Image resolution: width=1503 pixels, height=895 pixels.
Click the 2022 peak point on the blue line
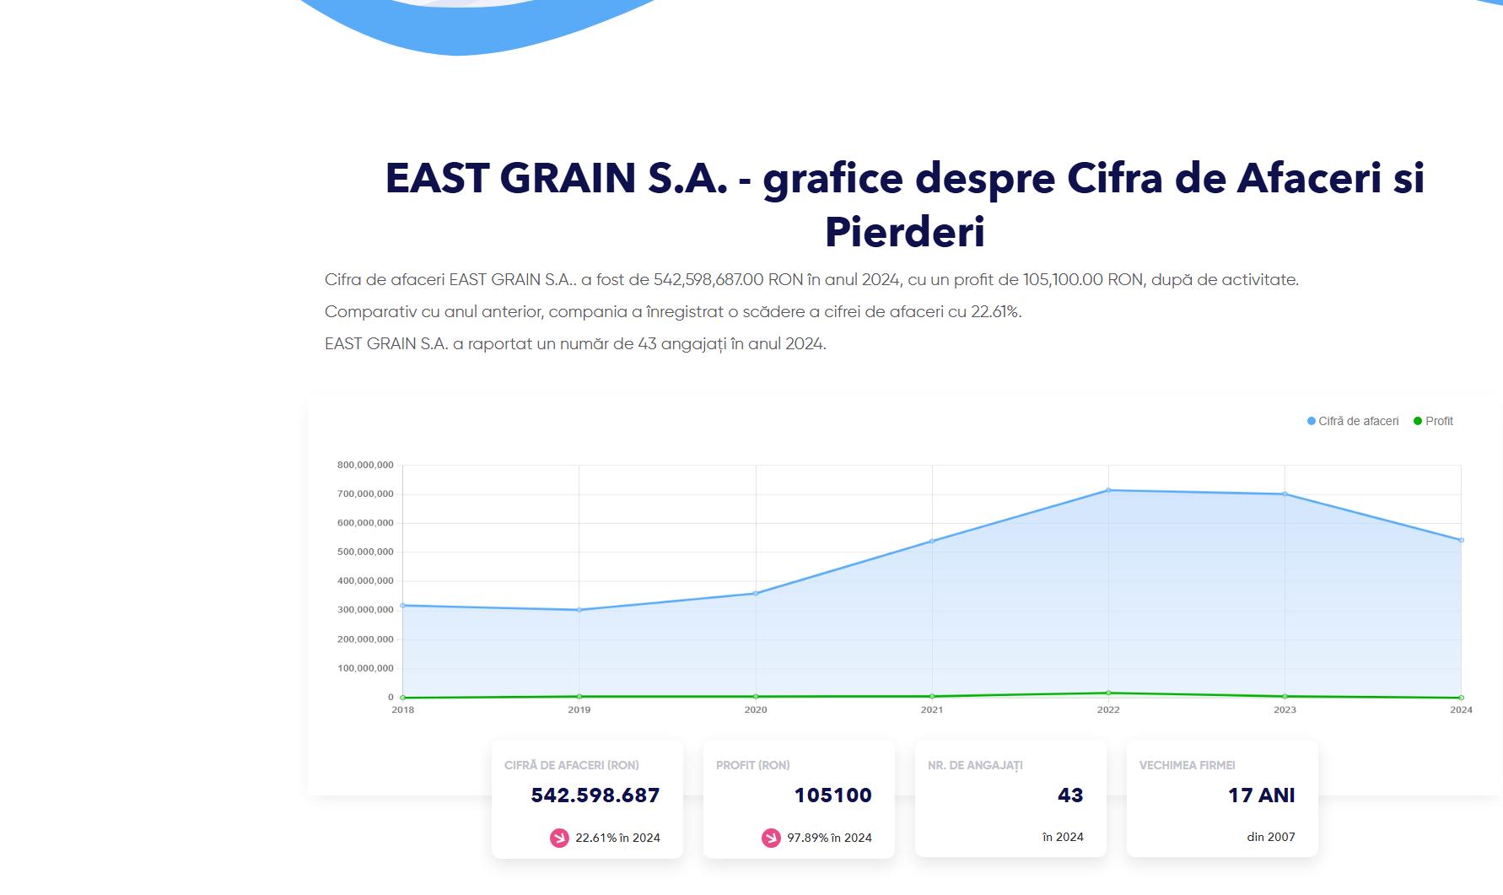coord(1108,490)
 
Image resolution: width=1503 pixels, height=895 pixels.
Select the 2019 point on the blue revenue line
coord(579,610)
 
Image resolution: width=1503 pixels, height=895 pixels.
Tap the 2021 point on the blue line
coord(932,541)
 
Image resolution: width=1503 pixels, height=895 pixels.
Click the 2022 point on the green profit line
coord(1108,693)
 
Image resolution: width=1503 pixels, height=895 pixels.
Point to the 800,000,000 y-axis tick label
coord(365,465)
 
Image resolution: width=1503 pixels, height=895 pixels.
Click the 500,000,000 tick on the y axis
coord(365,552)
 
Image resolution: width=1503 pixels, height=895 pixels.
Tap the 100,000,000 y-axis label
coord(365,668)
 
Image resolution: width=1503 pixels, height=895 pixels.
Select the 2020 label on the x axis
coord(756,709)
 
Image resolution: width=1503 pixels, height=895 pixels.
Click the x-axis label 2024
coord(1461,709)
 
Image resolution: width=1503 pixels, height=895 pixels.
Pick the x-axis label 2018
coord(403,709)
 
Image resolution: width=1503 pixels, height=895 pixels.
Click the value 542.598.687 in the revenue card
coord(595,795)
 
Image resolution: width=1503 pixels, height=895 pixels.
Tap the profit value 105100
coord(832,795)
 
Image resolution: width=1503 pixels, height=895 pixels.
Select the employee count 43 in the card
coord(1070,795)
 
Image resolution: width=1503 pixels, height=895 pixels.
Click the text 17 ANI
coord(1261,795)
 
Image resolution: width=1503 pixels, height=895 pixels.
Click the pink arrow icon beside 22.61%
coord(559,838)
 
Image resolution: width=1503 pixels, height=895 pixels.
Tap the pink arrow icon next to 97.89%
coord(771,838)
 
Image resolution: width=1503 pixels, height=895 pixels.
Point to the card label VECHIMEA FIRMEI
coord(1187,765)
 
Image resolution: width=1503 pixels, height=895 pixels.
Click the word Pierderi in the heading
coord(904,232)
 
